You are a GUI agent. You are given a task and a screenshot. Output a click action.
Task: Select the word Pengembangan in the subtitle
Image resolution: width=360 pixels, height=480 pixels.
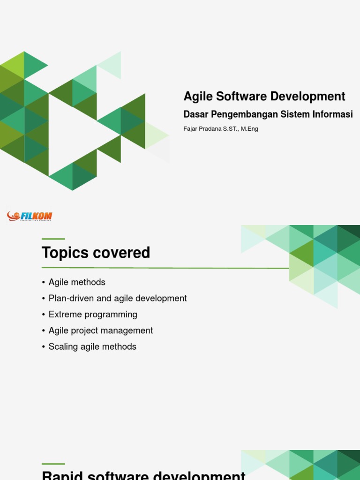(x=240, y=114)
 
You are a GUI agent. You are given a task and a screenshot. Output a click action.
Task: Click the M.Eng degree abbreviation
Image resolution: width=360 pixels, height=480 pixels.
(x=249, y=129)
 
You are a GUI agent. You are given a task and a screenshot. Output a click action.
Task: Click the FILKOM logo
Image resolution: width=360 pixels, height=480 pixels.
(x=30, y=216)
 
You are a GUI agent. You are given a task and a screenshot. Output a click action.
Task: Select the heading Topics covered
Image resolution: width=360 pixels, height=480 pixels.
(x=96, y=253)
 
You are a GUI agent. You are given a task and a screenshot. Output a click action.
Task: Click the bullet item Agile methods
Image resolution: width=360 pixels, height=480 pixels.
(x=77, y=282)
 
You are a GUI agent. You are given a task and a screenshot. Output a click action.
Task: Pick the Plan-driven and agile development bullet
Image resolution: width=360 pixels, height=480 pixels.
(x=118, y=298)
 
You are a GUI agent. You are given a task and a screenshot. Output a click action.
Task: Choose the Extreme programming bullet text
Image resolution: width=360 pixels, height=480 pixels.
(x=93, y=315)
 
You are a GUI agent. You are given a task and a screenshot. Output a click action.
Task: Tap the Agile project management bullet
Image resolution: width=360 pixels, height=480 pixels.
(x=101, y=330)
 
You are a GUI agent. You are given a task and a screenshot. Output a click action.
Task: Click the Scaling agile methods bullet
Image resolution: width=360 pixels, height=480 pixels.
(x=92, y=347)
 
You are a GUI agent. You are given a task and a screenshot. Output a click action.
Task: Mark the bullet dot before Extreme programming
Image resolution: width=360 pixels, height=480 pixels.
(x=44, y=315)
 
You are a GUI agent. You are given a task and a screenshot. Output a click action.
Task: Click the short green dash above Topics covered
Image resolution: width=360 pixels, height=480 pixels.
(x=53, y=239)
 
